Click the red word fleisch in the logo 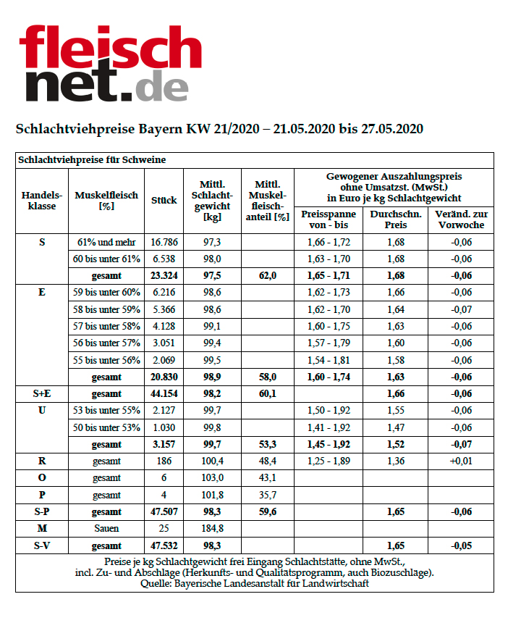(x=110, y=47)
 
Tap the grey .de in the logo (x=161, y=85)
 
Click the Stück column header (x=164, y=201)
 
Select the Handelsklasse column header (x=41, y=201)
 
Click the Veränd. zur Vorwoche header (x=462, y=219)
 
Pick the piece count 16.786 (x=164, y=241)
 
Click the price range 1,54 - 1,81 (x=329, y=360)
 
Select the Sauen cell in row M (x=107, y=529)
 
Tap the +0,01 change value (x=462, y=461)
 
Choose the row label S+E (x=41, y=393)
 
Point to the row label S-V (x=41, y=545)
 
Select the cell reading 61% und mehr (x=107, y=241)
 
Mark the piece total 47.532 (x=164, y=545)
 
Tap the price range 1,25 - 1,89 (x=329, y=461)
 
